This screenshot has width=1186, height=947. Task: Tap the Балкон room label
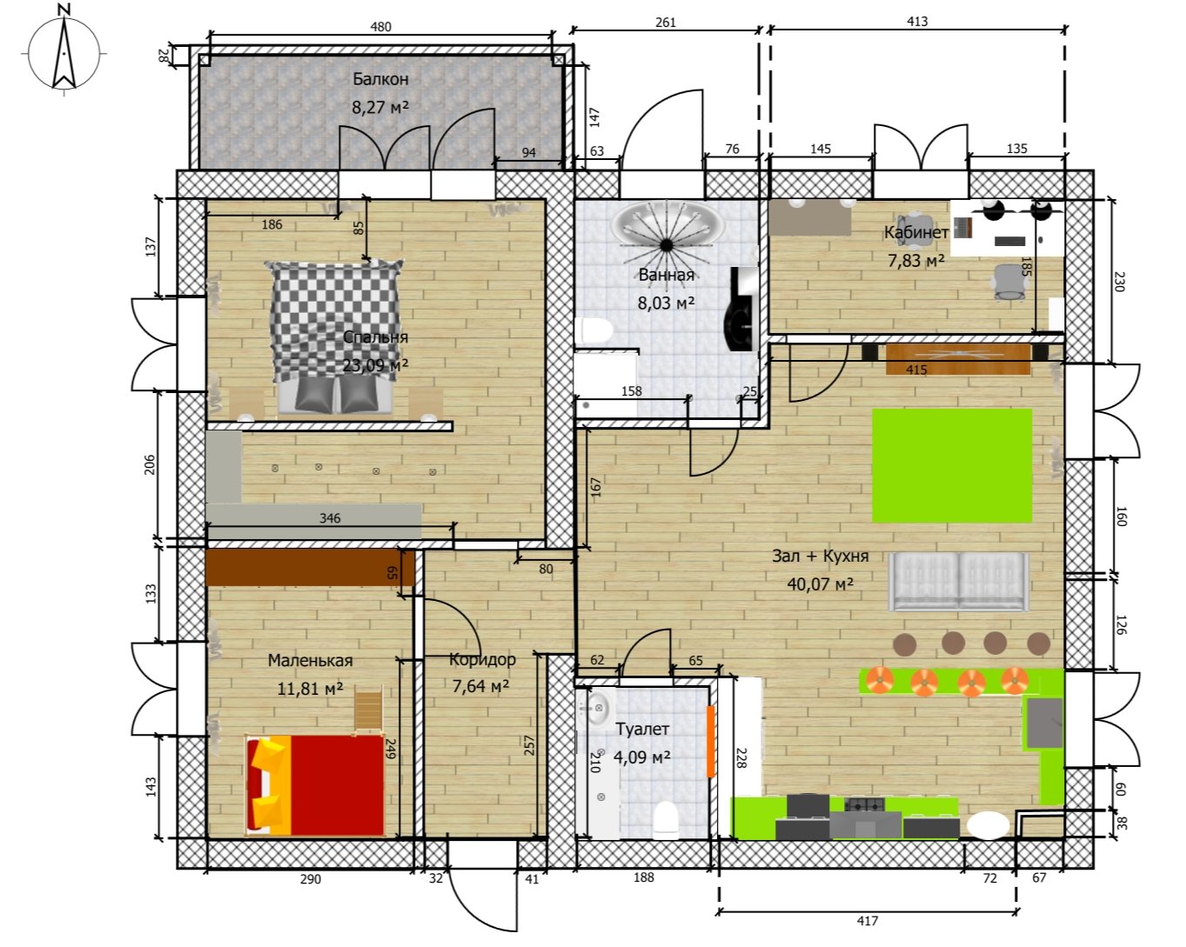380,79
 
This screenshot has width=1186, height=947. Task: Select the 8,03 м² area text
666,303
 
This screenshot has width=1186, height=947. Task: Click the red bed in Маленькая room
315,784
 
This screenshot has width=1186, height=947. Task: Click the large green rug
952,465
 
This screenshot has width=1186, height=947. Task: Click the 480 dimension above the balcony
380,27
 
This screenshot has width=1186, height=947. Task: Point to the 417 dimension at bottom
868,921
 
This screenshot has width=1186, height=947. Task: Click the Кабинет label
916,232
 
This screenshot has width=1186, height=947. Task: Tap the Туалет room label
642,730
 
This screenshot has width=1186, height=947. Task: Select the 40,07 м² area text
820,584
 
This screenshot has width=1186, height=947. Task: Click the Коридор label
482,659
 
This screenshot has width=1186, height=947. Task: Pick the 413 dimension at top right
917,22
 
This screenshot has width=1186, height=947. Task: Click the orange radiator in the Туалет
711,742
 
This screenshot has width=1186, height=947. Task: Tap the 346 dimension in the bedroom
330,517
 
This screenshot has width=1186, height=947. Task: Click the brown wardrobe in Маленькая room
310,567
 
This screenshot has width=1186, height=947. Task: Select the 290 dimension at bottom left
311,879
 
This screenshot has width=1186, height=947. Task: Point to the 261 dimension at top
666,22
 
